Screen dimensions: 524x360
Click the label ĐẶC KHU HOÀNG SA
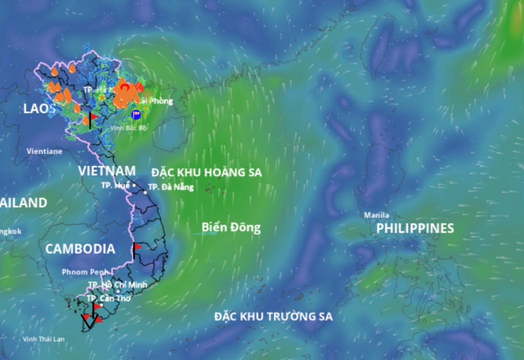(206, 172)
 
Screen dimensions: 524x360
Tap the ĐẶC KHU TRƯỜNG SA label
(273, 316)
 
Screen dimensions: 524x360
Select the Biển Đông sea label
(231, 227)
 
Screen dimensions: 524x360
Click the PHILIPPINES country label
(415, 228)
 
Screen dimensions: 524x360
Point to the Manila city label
(376, 215)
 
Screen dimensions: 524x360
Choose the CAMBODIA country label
(80, 249)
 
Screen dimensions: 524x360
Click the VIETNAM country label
(106, 170)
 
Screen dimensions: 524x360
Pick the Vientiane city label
(44, 150)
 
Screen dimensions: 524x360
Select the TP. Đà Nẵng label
(171, 187)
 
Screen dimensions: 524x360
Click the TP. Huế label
(115, 185)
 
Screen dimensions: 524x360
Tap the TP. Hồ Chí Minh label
(117, 284)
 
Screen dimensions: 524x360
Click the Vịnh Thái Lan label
(44, 339)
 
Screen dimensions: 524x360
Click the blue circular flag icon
(135, 114)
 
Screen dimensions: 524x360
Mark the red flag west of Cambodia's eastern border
(137, 246)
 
